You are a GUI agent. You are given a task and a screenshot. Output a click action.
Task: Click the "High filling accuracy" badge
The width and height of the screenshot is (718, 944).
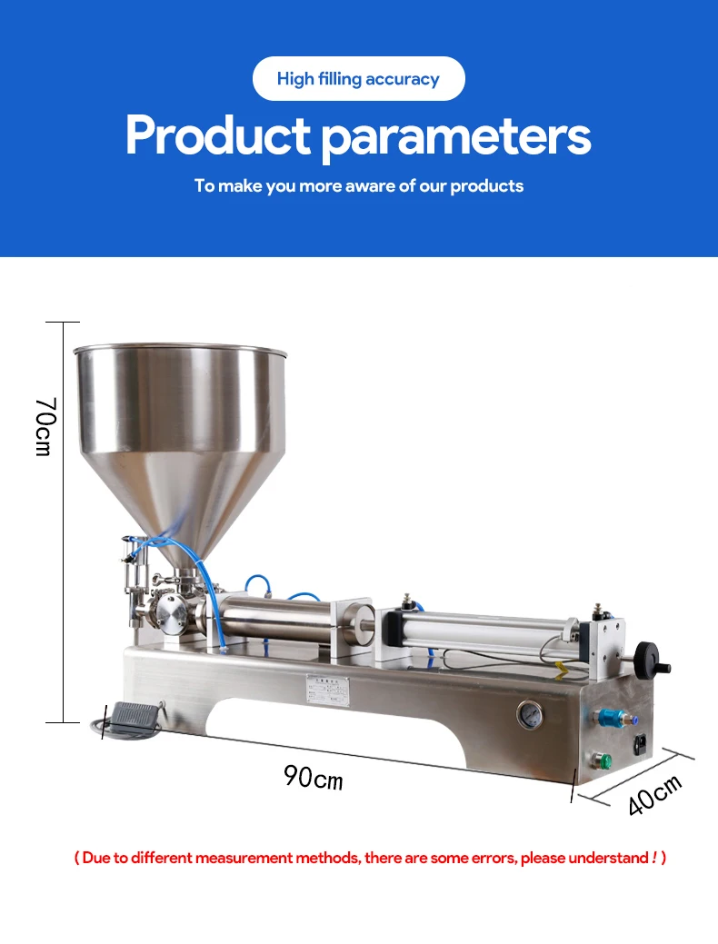click(x=358, y=78)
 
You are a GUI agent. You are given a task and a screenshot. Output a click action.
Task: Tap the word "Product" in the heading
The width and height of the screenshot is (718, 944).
click(x=217, y=135)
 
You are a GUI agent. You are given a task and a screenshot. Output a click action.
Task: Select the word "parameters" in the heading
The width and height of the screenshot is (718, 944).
click(x=456, y=138)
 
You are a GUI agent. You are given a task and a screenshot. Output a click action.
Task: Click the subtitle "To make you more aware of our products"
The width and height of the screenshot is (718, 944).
click(x=358, y=186)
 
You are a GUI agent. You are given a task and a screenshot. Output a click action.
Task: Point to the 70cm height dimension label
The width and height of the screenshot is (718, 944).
click(x=45, y=427)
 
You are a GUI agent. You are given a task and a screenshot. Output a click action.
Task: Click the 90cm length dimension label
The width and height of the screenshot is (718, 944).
click(x=314, y=777)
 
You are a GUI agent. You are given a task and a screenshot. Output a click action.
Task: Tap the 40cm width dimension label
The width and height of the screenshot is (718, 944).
click(x=654, y=795)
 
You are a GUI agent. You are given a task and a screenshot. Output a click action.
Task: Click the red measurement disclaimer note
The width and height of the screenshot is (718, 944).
click(x=370, y=858)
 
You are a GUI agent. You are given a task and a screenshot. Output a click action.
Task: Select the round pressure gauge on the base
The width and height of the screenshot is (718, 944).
click(x=530, y=715)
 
